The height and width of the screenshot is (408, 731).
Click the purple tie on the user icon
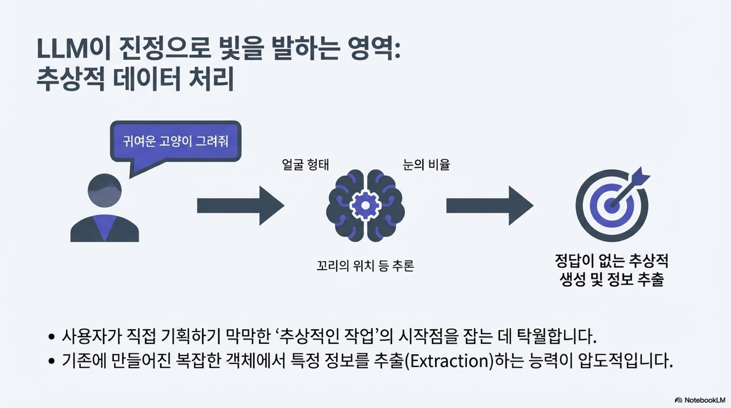(x=105, y=227)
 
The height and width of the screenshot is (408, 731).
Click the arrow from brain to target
(x=490, y=206)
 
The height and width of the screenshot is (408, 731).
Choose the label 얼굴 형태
(x=305, y=165)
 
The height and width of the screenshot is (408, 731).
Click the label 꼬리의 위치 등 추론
(x=365, y=266)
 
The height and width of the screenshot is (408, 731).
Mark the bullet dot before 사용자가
(x=51, y=337)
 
